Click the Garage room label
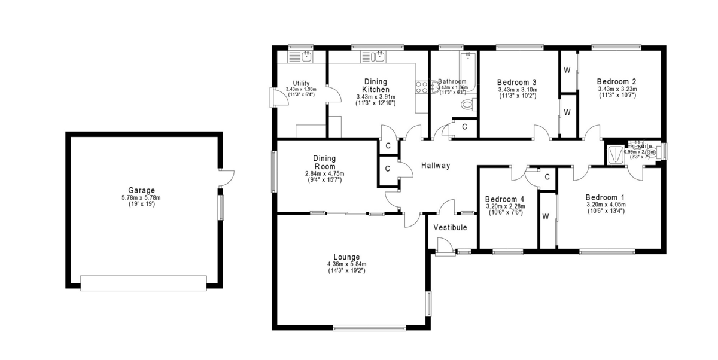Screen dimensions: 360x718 click(141, 190)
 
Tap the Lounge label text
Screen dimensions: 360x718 click(347, 257)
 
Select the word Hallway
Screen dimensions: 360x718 click(435, 166)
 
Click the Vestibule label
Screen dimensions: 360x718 click(450, 227)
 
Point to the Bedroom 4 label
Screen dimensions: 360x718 click(504, 199)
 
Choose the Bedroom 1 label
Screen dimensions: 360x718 click(605, 197)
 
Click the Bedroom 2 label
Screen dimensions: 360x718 click(616, 82)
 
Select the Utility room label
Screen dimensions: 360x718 click(301, 83)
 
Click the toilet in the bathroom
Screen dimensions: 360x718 click(467, 105)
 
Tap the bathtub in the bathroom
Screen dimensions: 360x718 click(467, 71)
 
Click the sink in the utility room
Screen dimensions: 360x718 click(306, 57)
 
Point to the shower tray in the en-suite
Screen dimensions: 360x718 click(614, 155)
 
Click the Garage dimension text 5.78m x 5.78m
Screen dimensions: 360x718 click(141, 197)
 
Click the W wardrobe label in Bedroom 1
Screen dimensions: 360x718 click(546, 216)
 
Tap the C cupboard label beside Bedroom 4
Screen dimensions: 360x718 click(547, 177)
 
